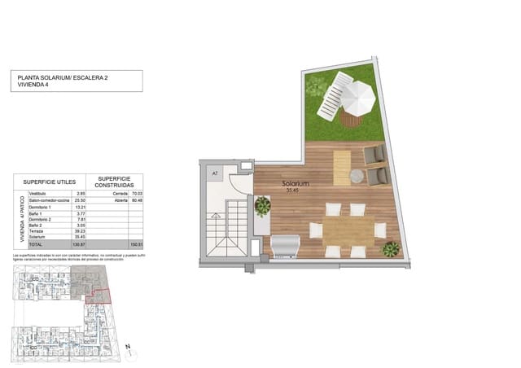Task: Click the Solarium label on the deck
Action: [296, 184]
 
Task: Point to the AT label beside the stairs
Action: [215, 173]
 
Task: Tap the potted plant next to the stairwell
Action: [262, 206]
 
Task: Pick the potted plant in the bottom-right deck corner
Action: [391, 248]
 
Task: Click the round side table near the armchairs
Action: [357, 175]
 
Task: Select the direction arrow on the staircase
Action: [216, 216]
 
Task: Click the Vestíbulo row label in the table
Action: [37, 193]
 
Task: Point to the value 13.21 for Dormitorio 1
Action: [81, 207]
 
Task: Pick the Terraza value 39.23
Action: [81, 231]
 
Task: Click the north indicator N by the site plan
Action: [129, 347]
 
